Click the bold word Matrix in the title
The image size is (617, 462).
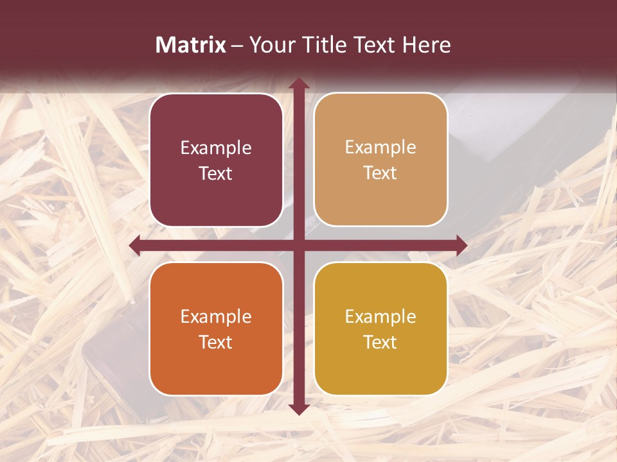(x=191, y=45)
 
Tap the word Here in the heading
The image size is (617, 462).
(x=426, y=45)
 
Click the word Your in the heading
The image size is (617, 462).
(x=271, y=45)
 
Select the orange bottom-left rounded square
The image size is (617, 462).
(x=216, y=366)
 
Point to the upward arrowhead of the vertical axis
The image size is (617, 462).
(x=298, y=83)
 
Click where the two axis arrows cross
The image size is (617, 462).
(x=298, y=245)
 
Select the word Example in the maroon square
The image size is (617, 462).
(x=216, y=148)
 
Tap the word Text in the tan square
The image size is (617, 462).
(x=380, y=173)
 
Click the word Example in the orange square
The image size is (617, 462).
(x=216, y=317)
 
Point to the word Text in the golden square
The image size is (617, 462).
(x=380, y=342)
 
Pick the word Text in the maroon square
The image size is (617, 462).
(x=216, y=174)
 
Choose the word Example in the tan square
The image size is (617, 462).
(x=380, y=148)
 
